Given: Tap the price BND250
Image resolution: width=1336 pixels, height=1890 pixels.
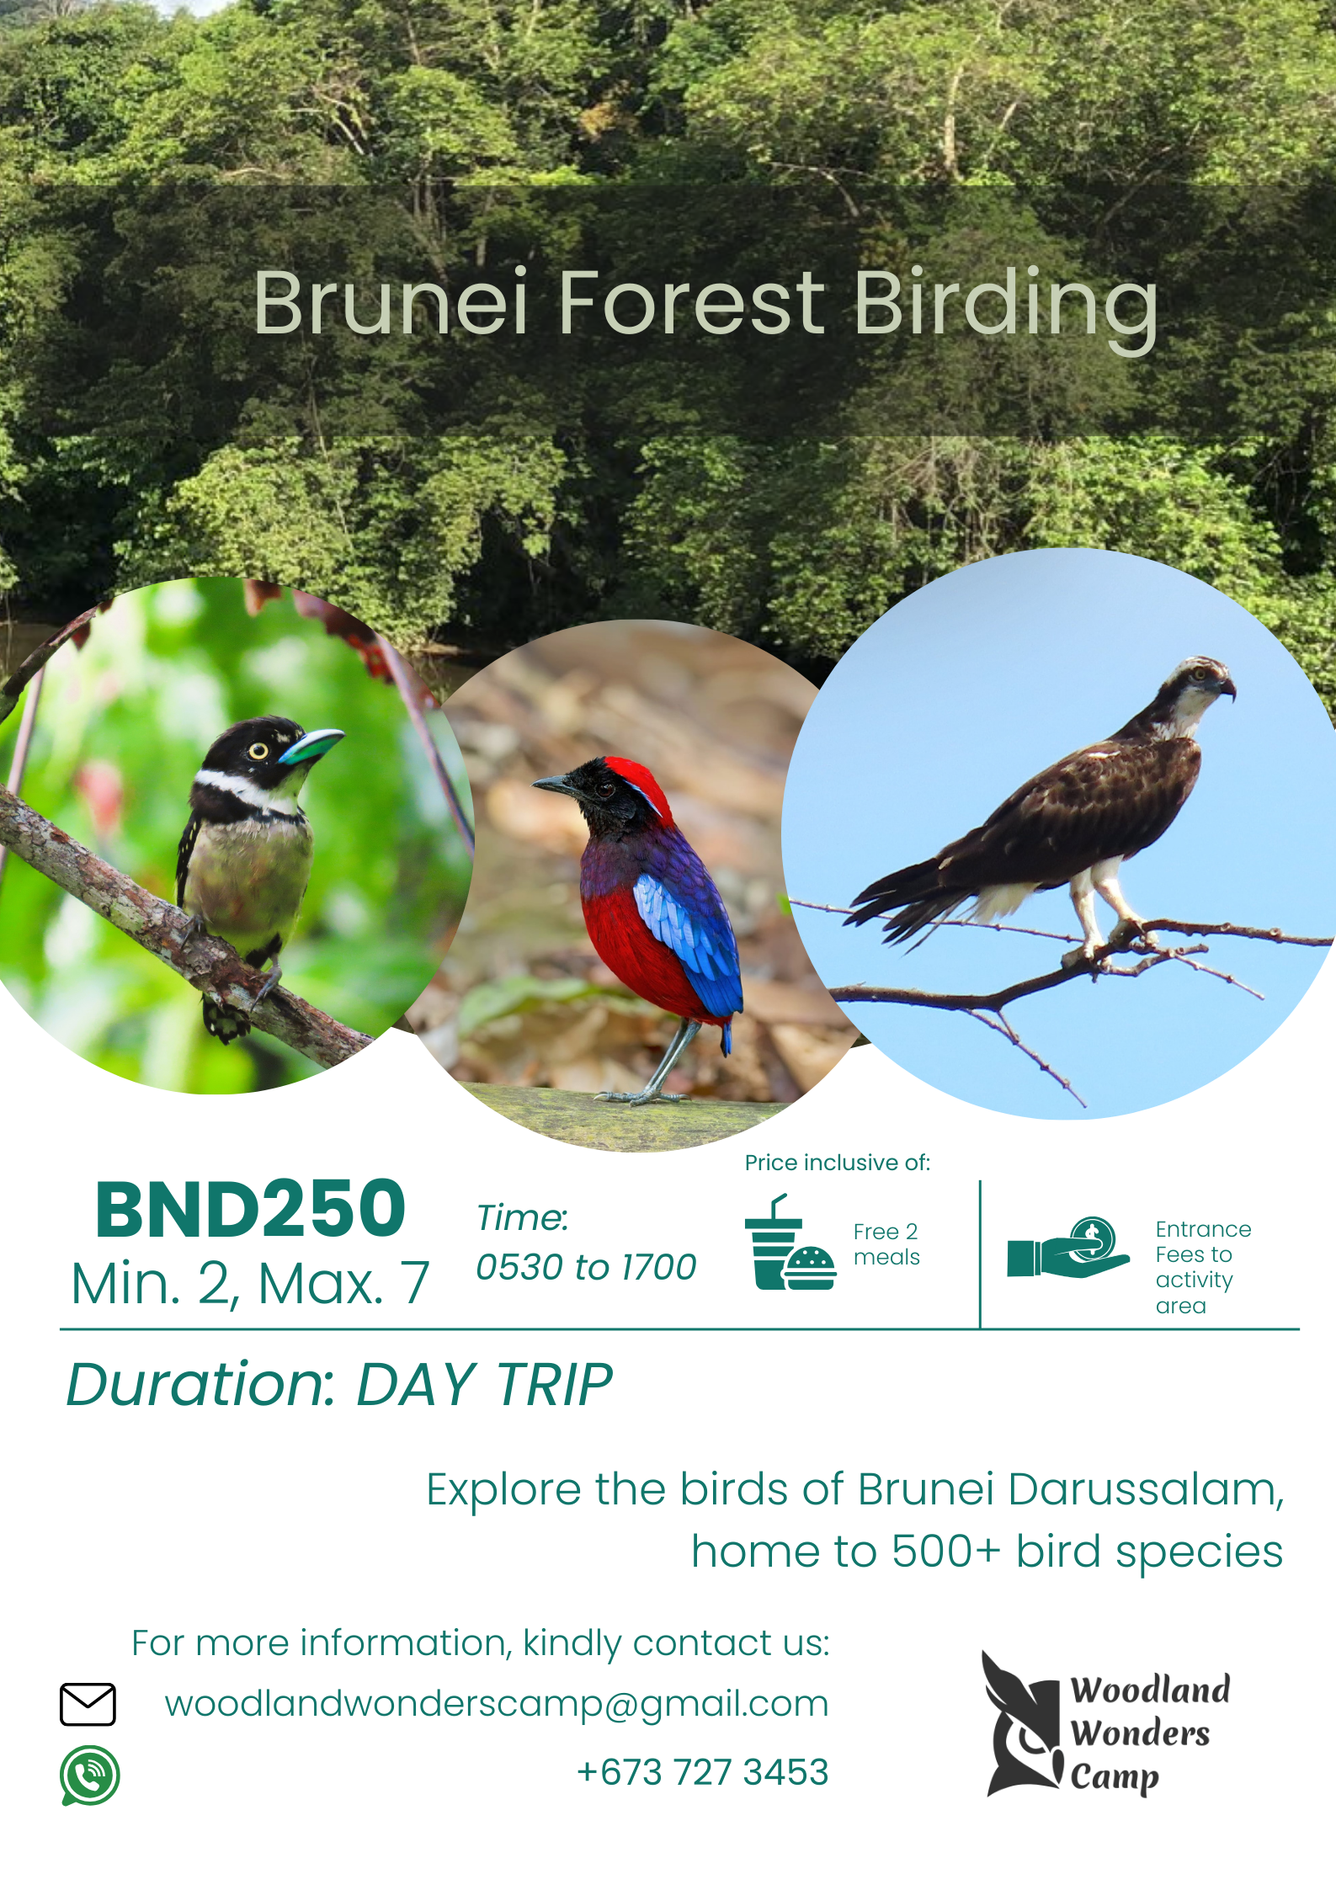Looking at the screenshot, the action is coord(251,1210).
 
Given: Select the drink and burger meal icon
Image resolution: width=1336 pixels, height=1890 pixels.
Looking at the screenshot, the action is coord(790,1243).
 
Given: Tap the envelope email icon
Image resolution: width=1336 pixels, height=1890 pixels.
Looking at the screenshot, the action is coord(88,1704).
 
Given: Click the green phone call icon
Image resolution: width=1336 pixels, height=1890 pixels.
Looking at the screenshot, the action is coord(89,1776).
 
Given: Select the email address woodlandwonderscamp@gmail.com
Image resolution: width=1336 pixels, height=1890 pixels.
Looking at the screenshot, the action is coord(497,1704).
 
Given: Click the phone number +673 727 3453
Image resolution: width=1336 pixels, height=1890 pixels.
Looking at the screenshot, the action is coord(703,1772).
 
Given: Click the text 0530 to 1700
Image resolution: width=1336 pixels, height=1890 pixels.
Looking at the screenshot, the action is coord(586,1267).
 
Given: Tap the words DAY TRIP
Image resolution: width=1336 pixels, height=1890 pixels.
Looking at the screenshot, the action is coord(485,1385).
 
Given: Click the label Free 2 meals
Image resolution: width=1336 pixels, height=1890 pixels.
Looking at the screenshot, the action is coord(886,1244).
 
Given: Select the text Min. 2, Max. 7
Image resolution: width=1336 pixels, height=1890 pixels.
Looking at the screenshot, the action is coord(250,1284).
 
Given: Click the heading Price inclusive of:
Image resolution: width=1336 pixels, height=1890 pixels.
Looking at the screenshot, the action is coord(838,1163).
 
